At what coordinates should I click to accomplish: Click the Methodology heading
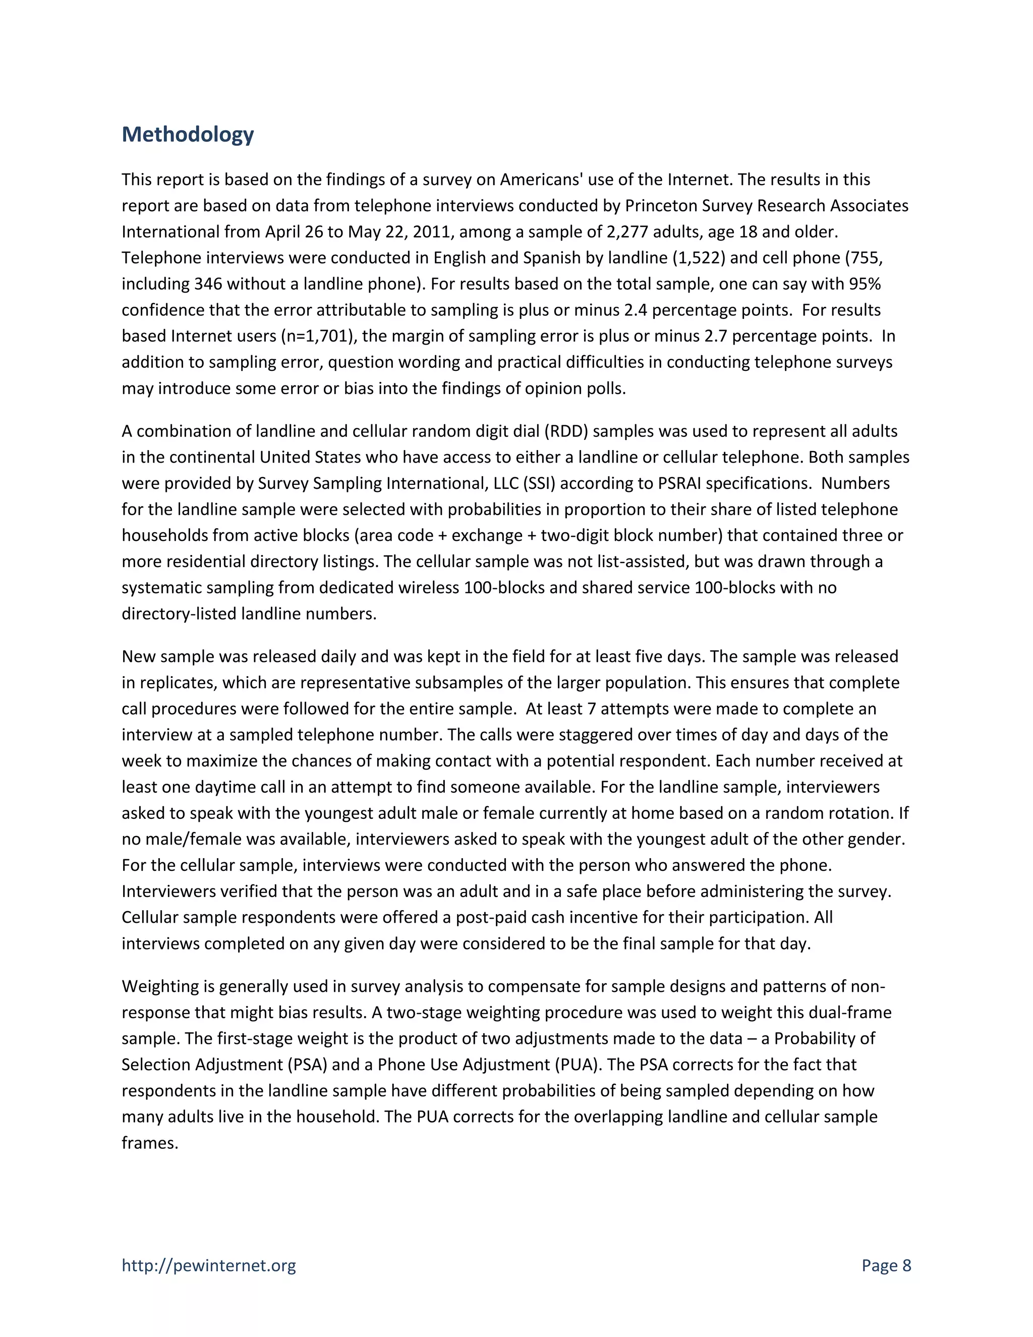point(187,135)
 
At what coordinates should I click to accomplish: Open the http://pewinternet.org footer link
point(209,1265)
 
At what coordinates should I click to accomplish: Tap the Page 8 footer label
point(886,1265)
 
